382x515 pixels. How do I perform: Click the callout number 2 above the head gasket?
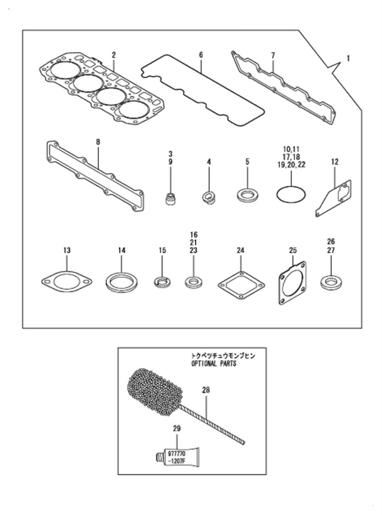tap(114, 55)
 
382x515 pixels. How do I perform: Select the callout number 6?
tap(201, 55)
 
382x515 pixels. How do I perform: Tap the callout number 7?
tap(273, 56)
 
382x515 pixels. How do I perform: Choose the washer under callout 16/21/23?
tap(194, 281)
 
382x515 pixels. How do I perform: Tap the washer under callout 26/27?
tap(331, 282)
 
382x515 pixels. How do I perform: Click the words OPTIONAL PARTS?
tap(214, 364)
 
